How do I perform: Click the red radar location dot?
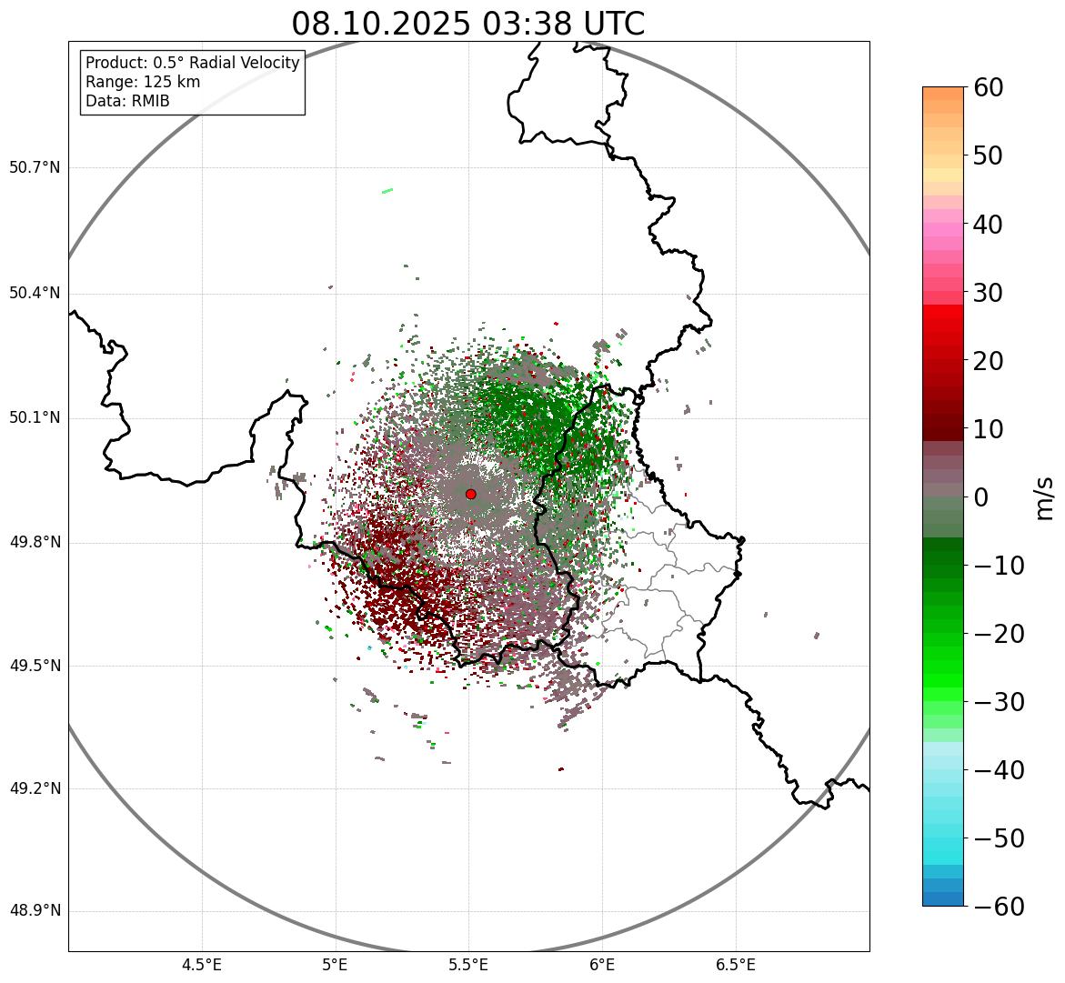pyautogui.click(x=470, y=494)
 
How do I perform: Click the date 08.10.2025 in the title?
pyautogui.click(x=380, y=24)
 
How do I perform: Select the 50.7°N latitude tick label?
pyautogui.click(x=35, y=167)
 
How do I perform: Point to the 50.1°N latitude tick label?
pyautogui.click(x=35, y=418)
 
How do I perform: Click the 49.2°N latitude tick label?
pyautogui.click(x=35, y=788)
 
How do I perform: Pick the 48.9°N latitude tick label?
pyautogui.click(x=35, y=911)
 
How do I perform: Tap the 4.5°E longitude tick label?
pyautogui.click(x=202, y=965)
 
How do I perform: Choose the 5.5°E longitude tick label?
pyautogui.click(x=468, y=965)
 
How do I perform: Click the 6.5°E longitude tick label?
pyautogui.click(x=735, y=965)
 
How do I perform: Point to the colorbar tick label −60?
pyautogui.click(x=999, y=907)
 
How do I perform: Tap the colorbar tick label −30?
pyautogui.click(x=999, y=702)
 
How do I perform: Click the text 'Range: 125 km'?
pyautogui.click(x=143, y=82)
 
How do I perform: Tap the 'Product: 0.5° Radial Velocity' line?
pyautogui.click(x=192, y=63)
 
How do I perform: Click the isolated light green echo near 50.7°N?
pyautogui.click(x=387, y=190)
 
